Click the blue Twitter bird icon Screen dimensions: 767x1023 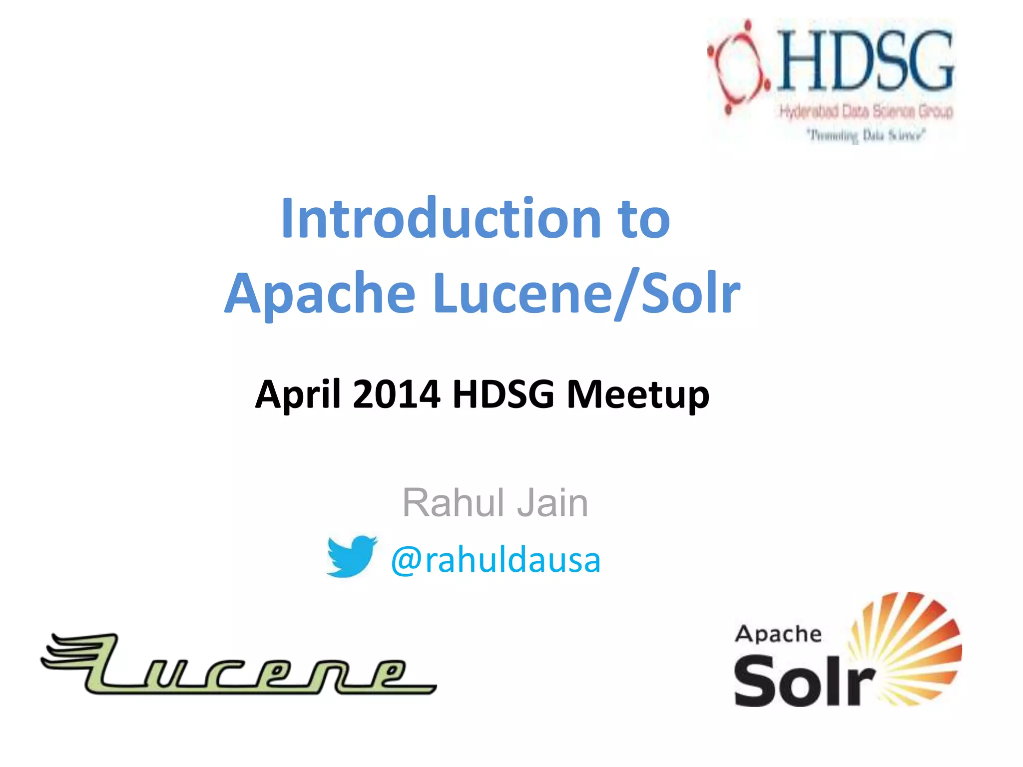pyautogui.click(x=351, y=556)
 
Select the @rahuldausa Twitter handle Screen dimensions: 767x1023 pyautogui.click(x=496, y=560)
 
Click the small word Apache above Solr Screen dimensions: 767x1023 pyautogui.click(x=778, y=634)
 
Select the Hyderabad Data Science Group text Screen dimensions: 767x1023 pyautogui.click(x=866, y=111)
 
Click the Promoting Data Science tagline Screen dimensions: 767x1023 pyautogui.click(x=867, y=135)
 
